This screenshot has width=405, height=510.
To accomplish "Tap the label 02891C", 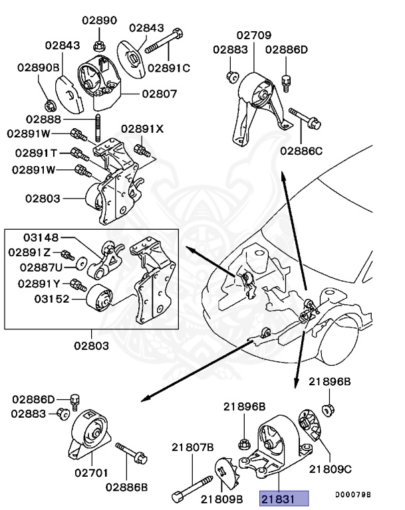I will click(168, 67).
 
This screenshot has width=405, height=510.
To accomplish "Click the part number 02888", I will click(44, 119).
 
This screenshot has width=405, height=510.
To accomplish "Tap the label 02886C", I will click(301, 151).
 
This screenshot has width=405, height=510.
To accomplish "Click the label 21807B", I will click(193, 448).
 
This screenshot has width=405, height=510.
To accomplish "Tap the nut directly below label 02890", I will click(98, 46).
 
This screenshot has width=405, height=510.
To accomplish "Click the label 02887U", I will click(41, 267).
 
